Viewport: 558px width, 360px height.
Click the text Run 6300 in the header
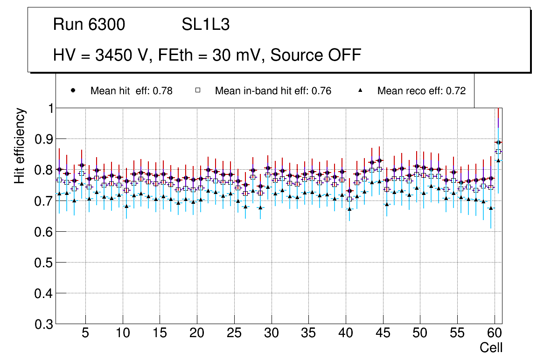pyautogui.click(x=89, y=25)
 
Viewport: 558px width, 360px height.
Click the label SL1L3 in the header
pyautogui.click(x=205, y=25)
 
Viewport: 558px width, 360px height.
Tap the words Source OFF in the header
pyautogui.click(x=316, y=55)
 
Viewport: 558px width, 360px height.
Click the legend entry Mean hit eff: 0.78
pyautogui.click(x=131, y=91)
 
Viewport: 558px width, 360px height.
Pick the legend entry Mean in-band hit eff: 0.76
pyautogui.click(x=273, y=91)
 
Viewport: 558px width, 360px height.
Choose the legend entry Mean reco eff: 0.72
pyautogui.click(x=421, y=91)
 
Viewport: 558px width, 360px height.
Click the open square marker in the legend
pyautogui.click(x=198, y=90)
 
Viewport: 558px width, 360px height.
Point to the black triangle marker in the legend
pyautogui.click(x=361, y=90)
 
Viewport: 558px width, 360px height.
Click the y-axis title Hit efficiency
pyautogui.click(x=20, y=145)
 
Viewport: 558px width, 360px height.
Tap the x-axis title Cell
pyautogui.click(x=491, y=347)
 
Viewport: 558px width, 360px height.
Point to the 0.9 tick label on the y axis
pyautogui.click(x=43, y=139)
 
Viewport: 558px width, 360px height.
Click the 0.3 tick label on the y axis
pyautogui.click(x=43, y=324)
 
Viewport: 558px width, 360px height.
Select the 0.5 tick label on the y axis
pyautogui.click(x=43, y=263)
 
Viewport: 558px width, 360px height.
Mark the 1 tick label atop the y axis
pyautogui.click(x=49, y=108)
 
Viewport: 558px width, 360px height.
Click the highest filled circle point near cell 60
pyautogui.click(x=498, y=142)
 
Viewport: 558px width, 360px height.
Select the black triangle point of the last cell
pyautogui.click(x=498, y=160)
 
